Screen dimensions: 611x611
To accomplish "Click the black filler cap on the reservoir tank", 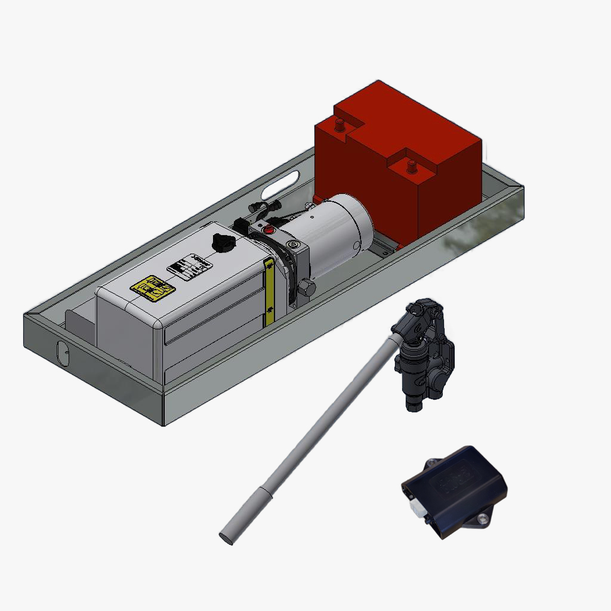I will (x=220, y=243).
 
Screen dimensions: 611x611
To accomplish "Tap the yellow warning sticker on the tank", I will (x=152, y=288).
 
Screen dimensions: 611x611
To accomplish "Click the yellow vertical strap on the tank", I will (x=270, y=292).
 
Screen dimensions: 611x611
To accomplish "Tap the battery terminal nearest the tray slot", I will (x=340, y=125).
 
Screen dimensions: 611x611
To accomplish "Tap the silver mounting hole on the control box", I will (x=482, y=521).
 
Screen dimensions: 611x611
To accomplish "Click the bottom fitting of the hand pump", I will (x=413, y=405).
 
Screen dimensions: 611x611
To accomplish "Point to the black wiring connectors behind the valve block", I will (x=263, y=209).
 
